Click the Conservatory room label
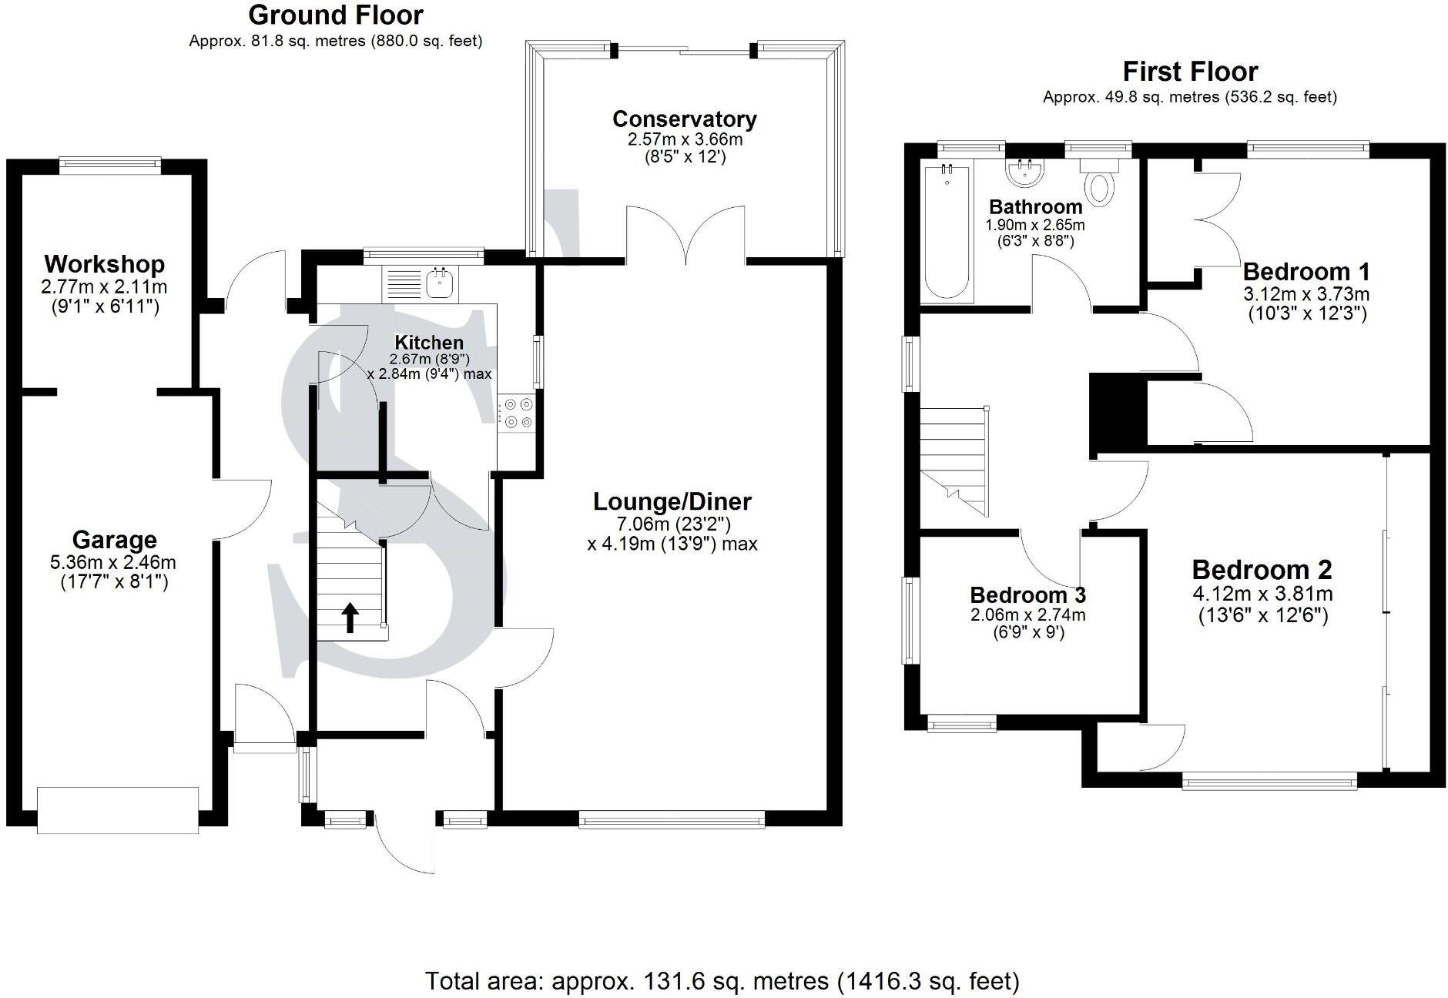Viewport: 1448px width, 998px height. pyautogui.click(x=684, y=119)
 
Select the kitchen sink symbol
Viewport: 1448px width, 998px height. pyautogui.click(x=440, y=283)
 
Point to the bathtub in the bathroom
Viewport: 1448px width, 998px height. pyautogui.click(x=948, y=231)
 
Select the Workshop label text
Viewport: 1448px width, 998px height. pyautogui.click(x=104, y=264)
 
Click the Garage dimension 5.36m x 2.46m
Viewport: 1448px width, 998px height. pyautogui.click(x=114, y=563)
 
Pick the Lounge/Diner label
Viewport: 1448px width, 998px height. pyautogui.click(x=672, y=502)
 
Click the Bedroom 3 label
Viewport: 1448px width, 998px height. pyautogui.click(x=1027, y=595)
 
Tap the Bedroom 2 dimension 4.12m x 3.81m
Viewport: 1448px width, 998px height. pyautogui.click(x=1262, y=594)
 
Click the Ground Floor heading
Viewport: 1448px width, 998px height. pyautogui.click(x=336, y=15)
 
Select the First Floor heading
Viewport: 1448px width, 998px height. pyautogui.click(x=1189, y=72)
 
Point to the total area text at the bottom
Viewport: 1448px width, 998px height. pyautogui.click(x=722, y=959)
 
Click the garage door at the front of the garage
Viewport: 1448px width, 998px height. pyautogui.click(x=118, y=809)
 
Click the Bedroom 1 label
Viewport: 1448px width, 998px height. pyautogui.click(x=1306, y=272)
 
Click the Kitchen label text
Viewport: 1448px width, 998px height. pyautogui.click(x=429, y=343)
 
